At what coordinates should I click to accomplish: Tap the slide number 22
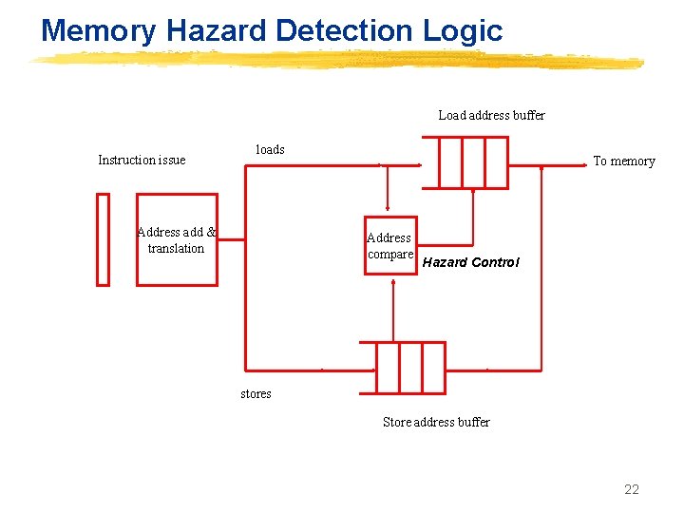632,489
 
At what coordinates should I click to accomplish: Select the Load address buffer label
491,115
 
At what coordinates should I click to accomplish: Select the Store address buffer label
436,422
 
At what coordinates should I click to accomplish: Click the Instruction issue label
142,160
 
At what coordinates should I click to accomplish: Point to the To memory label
624,161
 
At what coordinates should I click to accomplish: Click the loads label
270,149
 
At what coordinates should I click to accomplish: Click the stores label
256,393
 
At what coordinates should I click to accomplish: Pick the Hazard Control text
470,262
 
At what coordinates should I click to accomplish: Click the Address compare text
389,246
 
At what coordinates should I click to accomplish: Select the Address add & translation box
177,239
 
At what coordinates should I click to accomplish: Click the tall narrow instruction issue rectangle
104,239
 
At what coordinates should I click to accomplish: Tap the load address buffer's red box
473,162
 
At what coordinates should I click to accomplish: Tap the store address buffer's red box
410,368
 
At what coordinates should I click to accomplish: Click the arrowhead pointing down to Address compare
387,210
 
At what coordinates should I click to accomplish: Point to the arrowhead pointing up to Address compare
393,283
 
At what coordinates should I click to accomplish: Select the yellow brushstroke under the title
337,61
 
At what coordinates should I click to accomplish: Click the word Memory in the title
99,30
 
